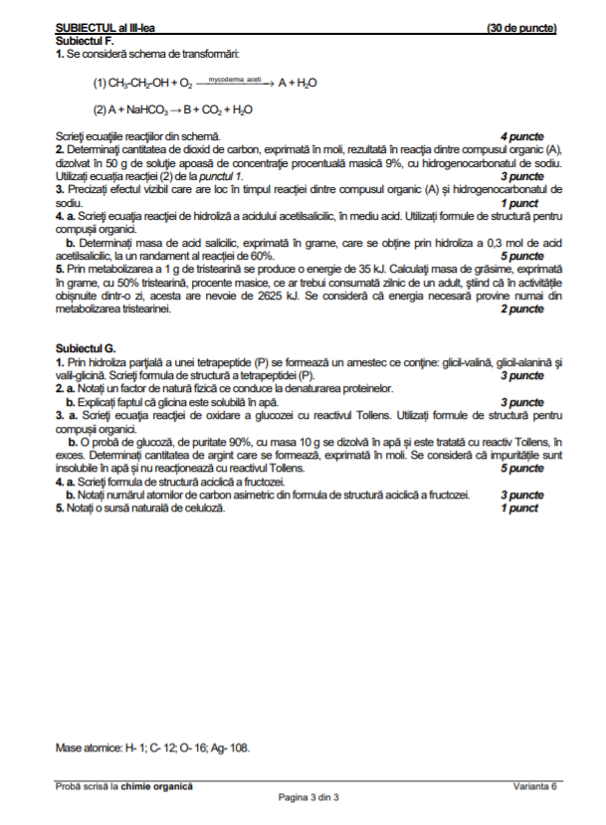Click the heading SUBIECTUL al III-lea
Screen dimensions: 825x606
[x=110, y=28]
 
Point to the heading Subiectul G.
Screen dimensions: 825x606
[x=86, y=347]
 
